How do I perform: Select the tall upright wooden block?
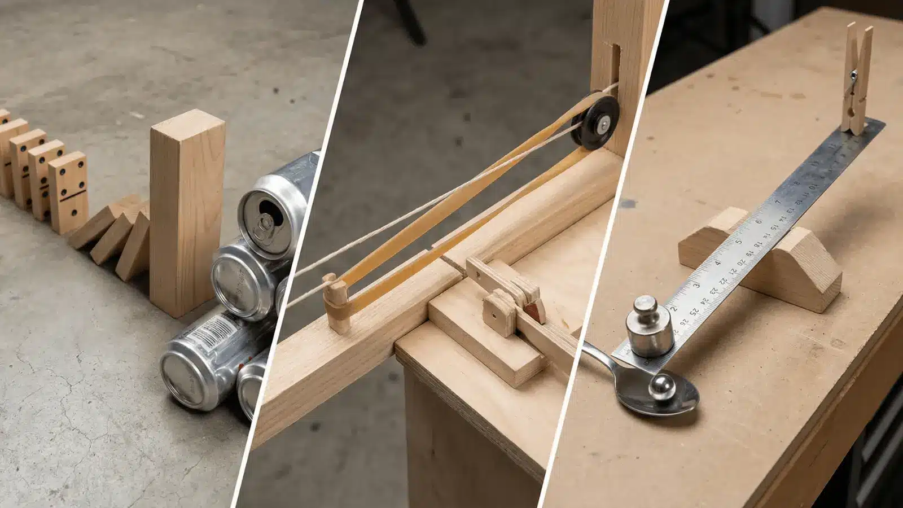coord(186,214)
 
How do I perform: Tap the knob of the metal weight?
coord(643,308)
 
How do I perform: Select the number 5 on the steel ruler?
coord(739,242)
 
